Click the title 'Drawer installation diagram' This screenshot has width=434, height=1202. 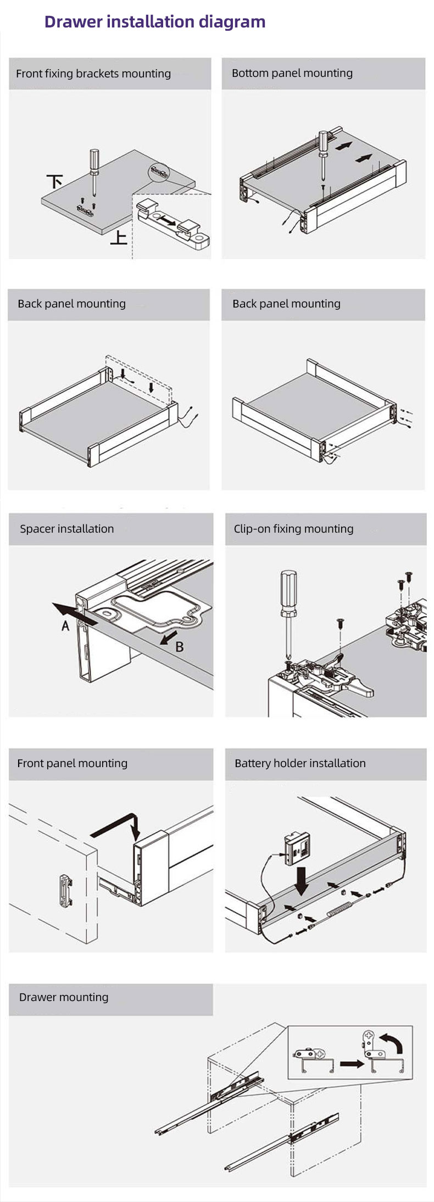click(154, 22)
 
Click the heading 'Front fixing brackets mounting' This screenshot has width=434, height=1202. click(93, 74)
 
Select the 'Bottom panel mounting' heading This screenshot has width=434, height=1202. click(292, 73)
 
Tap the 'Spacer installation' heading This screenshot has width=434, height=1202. click(66, 529)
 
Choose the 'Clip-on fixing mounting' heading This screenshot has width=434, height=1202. click(293, 529)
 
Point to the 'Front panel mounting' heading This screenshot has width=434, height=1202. click(72, 763)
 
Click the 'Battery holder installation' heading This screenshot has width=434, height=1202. click(300, 763)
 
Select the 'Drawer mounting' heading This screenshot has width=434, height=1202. click(64, 997)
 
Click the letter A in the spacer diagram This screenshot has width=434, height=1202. click(65, 625)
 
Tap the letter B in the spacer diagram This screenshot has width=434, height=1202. click(179, 647)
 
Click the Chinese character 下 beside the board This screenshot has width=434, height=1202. click(54, 181)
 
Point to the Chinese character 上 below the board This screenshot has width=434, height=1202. click(119, 238)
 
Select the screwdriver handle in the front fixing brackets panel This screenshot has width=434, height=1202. click(94, 160)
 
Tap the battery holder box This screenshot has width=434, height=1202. click(296, 849)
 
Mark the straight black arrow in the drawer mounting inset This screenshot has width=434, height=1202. click(352, 1064)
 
